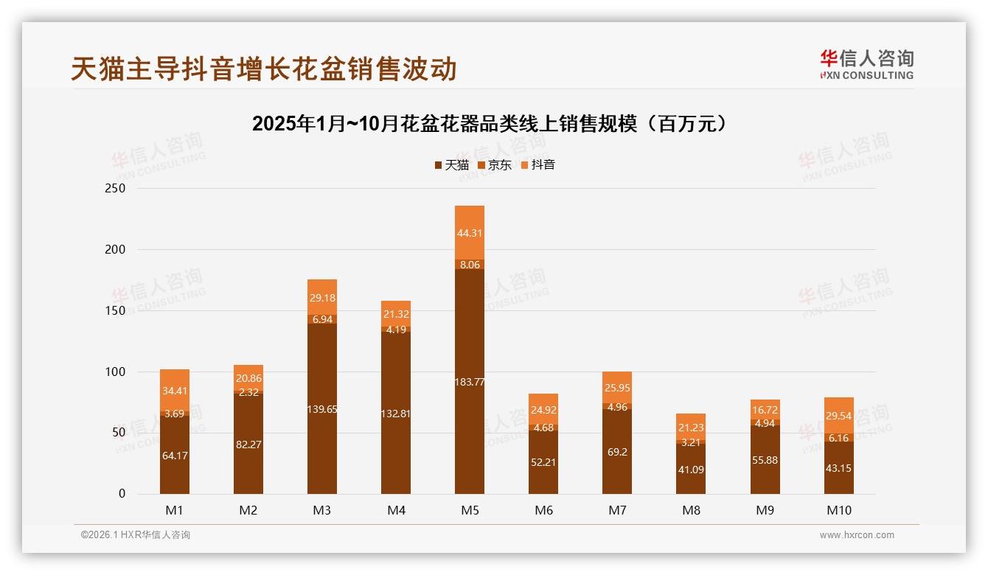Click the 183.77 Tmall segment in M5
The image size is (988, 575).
tap(470, 381)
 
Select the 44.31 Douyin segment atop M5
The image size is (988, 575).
tap(470, 232)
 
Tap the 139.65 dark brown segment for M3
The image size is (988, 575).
tap(322, 408)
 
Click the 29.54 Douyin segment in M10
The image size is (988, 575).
tap(838, 416)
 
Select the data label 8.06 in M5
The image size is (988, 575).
tap(470, 264)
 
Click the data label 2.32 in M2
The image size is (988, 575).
tap(248, 393)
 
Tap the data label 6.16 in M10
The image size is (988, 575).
tap(838, 438)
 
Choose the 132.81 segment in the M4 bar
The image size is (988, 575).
tap(396, 413)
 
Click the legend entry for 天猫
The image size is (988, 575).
tap(451, 165)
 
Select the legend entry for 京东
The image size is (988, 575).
tap(495, 165)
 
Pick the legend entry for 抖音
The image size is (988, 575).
tap(538, 165)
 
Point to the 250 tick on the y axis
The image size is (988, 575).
tap(116, 189)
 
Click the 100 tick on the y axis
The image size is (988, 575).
tap(116, 372)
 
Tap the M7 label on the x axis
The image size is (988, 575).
tap(617, 510)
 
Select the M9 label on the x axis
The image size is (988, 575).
tap(765, 510)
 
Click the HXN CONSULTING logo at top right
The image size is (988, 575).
tap(866, 65)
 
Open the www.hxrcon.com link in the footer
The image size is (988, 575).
tap(857, 535)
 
